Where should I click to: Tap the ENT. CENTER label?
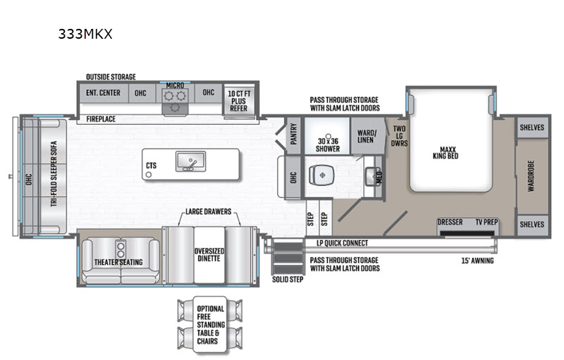103,92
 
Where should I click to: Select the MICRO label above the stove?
175,85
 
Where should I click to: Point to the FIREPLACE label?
102,119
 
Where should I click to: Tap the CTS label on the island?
151,166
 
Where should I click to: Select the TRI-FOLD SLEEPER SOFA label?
53,177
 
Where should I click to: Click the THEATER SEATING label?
118,262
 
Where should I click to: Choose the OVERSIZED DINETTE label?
209,252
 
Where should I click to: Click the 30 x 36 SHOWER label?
328,144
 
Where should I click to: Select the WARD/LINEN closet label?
367,135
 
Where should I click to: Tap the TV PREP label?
486,223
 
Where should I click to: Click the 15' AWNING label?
477,261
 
